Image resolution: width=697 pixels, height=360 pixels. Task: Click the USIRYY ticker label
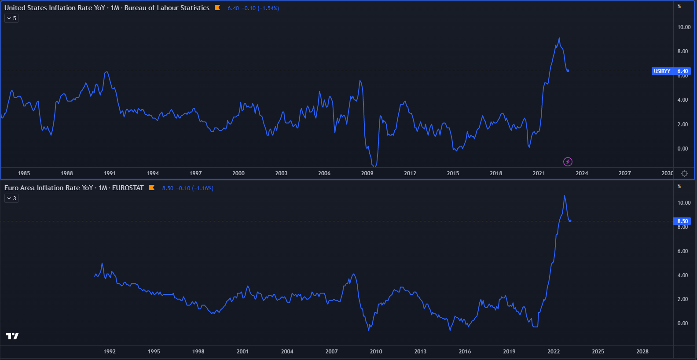click(x=662, y=71)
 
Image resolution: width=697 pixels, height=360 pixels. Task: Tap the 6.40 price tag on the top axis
click(x=682, y=71)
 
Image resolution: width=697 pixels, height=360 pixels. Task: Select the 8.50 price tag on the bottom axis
click(x=682, y=221)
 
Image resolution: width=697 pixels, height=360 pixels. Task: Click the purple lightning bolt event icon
click(x=568, y=162)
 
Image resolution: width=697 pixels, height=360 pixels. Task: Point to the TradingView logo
click(x=12, y=336)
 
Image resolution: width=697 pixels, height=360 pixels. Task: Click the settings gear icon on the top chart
click(x=684, y=173)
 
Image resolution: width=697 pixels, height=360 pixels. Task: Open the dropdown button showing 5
click(x=11, y=18)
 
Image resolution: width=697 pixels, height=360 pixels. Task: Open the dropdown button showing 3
click(x=11, y=198)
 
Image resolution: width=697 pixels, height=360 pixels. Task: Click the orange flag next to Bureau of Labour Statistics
click(x=217, y=7)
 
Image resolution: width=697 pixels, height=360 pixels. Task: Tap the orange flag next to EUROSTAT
click(x=152, y=187)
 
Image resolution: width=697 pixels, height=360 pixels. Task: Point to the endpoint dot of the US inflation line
click(x=568, y=71)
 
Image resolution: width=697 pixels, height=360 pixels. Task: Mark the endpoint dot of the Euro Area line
click(x=570, y=221)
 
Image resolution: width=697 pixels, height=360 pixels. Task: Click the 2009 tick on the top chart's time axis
click(x=367, y=173)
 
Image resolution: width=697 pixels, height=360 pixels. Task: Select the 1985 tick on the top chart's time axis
click(x=24, y=173)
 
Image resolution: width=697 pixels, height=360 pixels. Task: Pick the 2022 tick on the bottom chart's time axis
click(x=554, y=352)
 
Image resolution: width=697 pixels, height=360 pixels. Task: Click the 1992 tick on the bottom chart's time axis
click(x=110, y=352)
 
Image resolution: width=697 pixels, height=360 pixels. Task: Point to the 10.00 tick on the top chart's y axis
click(x=684, y=27)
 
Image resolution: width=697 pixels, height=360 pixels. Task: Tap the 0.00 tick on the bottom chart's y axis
click(x=682, y=323)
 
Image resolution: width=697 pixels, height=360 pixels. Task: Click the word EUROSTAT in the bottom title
click(x=128, y=188)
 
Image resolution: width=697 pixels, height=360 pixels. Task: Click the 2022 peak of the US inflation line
click(x=559, y=38)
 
